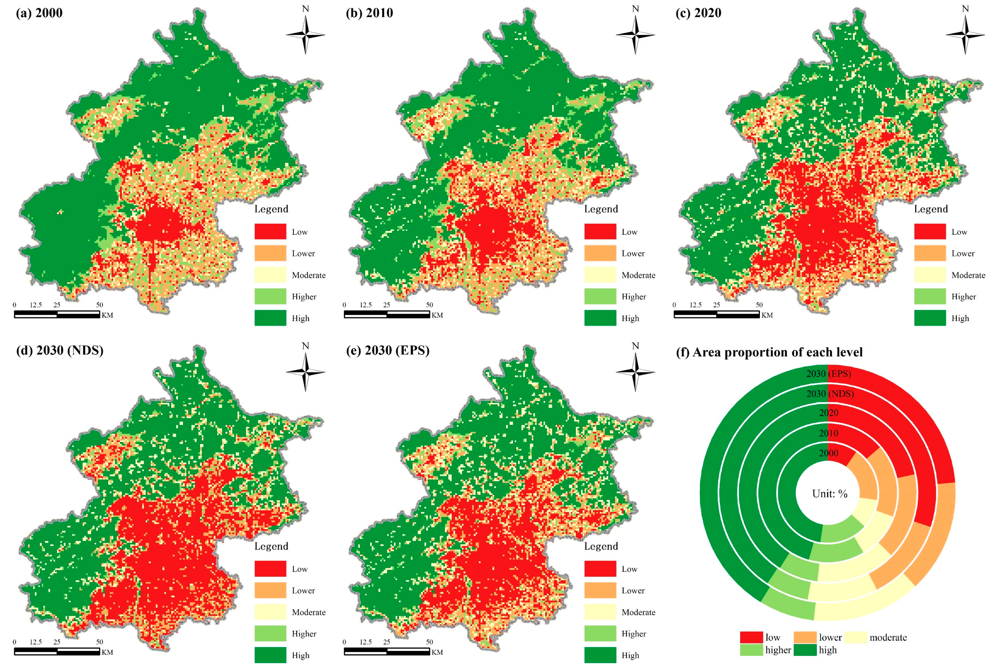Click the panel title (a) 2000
[x=39, y=13]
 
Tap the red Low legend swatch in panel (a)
[x=270, y=232]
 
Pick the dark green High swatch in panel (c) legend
[x=930, y=318]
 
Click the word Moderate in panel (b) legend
[x=638, y=275]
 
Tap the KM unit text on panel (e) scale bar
[x=437, y=652]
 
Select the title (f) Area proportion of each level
[x=769, y=352]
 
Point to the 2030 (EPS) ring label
[x=829, y=374]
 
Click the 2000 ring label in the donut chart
[x=829, y=453]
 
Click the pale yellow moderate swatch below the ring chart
[x=856, y=637]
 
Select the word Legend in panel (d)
[x=271, y=546]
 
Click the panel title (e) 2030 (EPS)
[x=387, y=350]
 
